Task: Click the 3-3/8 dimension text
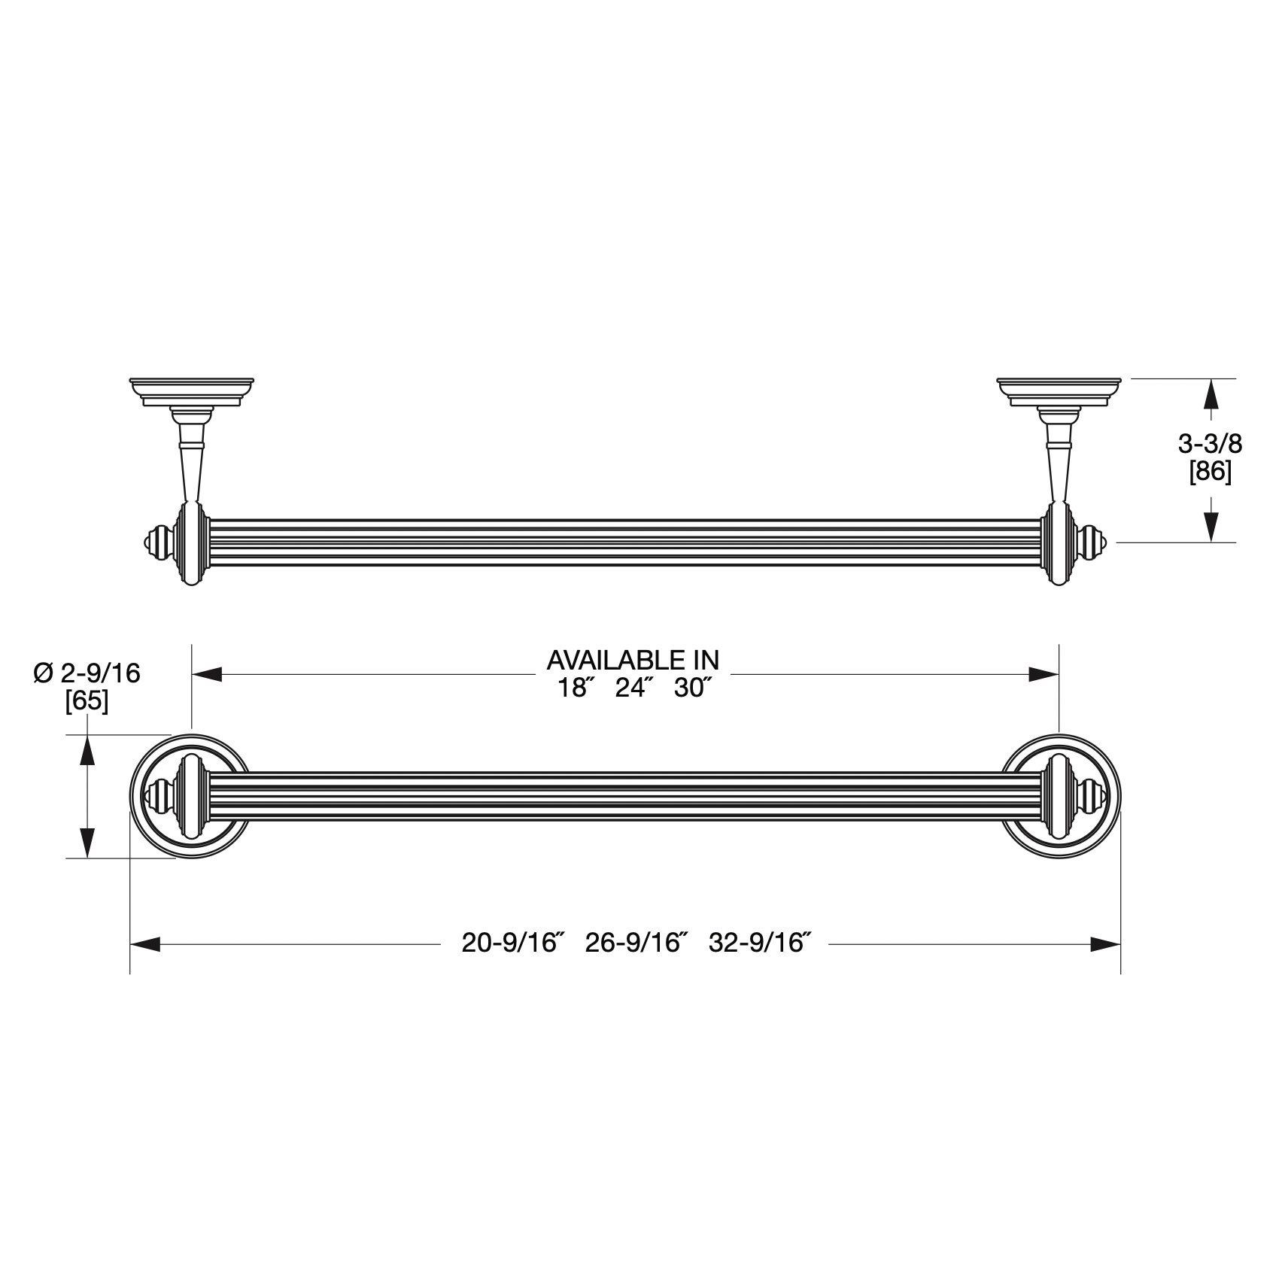click(x=1210, y=444)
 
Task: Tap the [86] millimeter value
click(x=1210, y=473)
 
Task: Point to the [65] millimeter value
click(x=87, y=701)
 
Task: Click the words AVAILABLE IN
click(x=633, y=660)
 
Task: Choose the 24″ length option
click(x=631, y=688)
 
